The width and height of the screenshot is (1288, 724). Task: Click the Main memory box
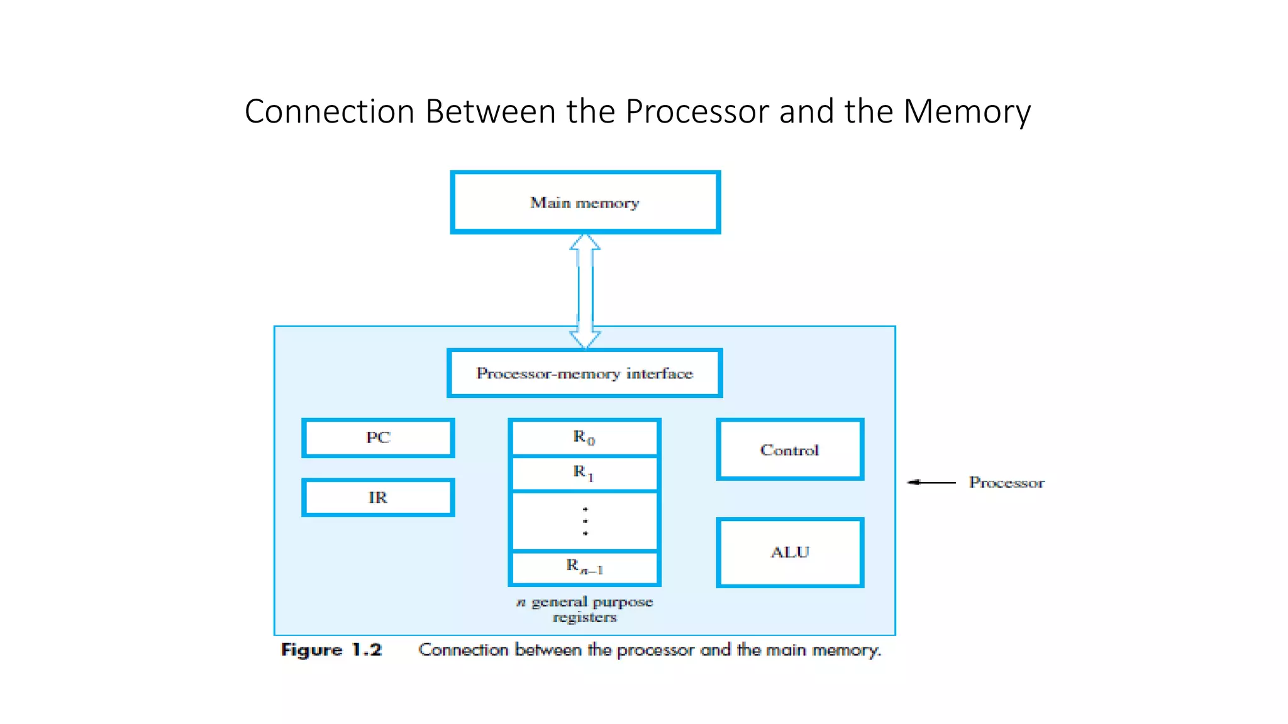click(585, 202)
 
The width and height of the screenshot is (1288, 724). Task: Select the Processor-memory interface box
click(585, 373)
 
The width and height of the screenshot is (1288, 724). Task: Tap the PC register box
click(378, 437)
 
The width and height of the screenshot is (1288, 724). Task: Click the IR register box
click(378, 498)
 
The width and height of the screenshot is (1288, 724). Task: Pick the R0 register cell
click(584, 437)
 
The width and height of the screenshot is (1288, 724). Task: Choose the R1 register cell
click(584, 473)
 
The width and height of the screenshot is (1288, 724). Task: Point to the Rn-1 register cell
click(584, 568)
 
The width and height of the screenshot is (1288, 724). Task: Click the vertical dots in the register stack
click(585, 521)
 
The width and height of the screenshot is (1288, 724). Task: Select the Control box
click(790, 449)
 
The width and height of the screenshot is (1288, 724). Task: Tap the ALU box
click(790, 552)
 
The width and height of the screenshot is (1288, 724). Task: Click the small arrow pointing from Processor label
click(931, 482)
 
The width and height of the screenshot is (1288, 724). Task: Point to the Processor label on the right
click(1006, 482)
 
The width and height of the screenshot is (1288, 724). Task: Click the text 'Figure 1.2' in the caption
click(331, 649)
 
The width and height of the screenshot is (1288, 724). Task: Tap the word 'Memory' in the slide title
click(967, 112)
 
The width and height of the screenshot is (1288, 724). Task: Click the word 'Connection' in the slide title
click(330, 112)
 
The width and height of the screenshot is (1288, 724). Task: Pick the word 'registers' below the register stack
click(585, 617)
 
